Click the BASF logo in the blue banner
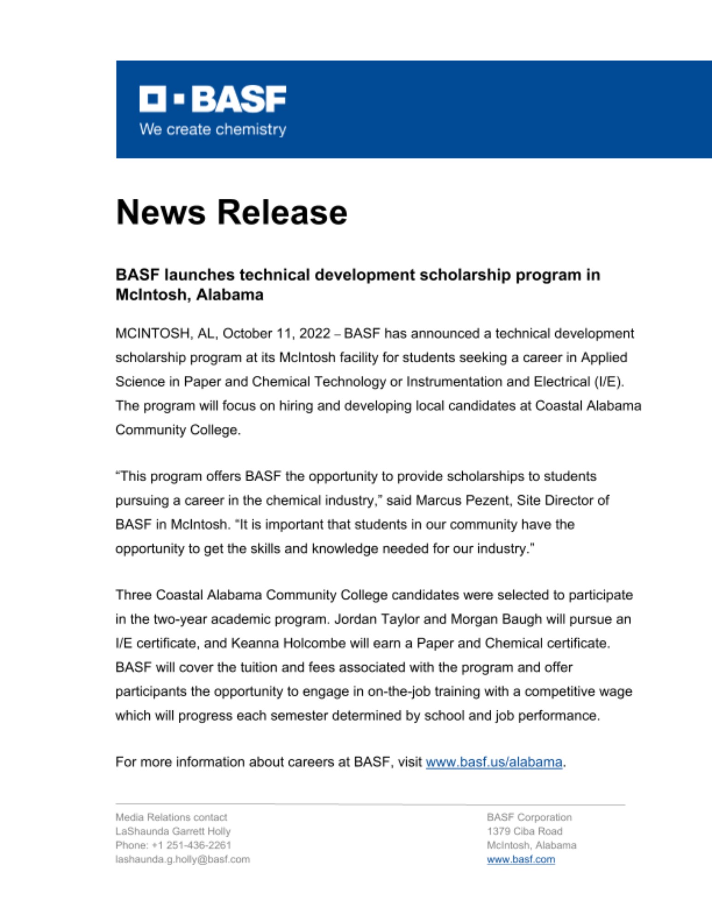click(212, 99)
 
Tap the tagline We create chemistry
click(212, 130)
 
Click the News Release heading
click(231, 213)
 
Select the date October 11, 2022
click(276, 333)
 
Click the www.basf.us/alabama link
click(494, 762)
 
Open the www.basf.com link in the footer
click(521, 859)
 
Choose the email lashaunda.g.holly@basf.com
click(182, 859)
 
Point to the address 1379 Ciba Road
click(524, 831)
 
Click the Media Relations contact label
click(171, 817)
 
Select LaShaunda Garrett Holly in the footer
click(173, 831)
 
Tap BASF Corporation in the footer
click(529, 817)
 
